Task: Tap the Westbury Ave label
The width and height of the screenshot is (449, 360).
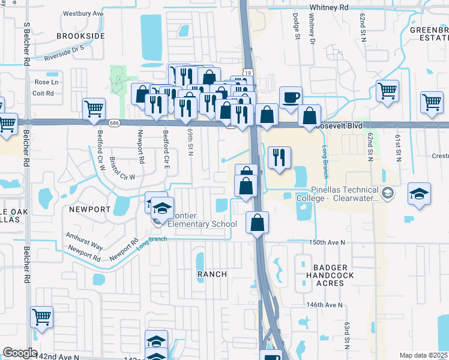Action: [x=83, y=13]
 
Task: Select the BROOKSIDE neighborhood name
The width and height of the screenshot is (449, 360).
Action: [x=80, y=36]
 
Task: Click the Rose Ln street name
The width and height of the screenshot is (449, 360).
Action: [x=47, y=82]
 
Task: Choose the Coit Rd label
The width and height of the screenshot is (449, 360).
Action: [x=43, y=93]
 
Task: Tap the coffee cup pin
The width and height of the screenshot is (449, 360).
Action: [x=291, y=97]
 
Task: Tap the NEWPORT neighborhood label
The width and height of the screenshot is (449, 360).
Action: [x=89, y=209]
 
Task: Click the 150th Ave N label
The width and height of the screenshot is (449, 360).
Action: [x=327, y=242]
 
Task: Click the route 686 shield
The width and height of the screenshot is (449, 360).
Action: [x=113, y=122]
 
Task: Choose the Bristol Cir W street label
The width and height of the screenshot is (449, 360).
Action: [x=122, y=169]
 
